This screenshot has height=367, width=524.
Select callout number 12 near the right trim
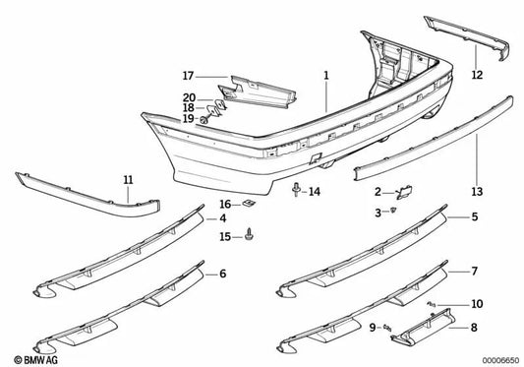point(476,75)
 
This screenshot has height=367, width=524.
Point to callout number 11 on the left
point(127,179)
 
